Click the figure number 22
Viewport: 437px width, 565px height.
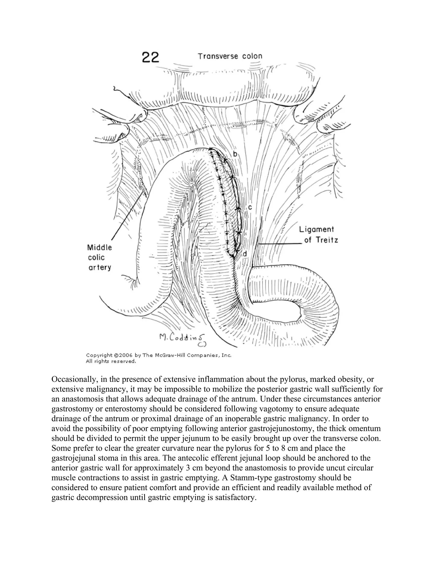[150, 57]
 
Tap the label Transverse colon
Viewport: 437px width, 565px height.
[230, 56]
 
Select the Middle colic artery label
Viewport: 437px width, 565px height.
[100, 257]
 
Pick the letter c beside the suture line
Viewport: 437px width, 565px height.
[250, 207]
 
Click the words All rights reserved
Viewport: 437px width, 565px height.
[111, 361]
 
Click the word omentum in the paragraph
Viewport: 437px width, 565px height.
[365, 429]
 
